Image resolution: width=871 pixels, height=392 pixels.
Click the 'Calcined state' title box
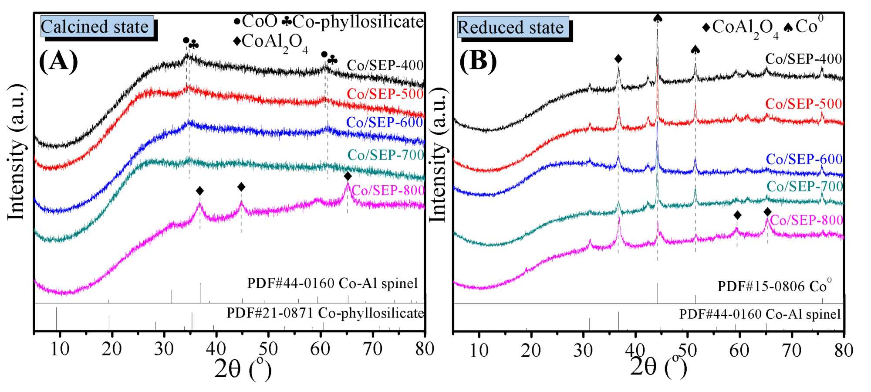[97, 27]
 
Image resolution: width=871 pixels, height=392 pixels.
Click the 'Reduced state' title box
[512, 27]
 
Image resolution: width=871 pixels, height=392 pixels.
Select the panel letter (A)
[58, 61]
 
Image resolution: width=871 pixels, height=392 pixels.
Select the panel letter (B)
[478, 61]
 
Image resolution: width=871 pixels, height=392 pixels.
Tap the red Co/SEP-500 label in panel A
[385, 94]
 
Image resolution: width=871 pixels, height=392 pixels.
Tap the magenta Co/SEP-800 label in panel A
[388, 191]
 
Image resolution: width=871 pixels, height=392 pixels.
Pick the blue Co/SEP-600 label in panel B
[804, 159]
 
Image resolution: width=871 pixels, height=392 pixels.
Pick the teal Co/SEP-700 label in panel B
[804, 187]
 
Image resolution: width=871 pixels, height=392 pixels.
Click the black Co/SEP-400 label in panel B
[803, 59]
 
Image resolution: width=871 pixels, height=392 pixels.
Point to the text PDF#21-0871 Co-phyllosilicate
[325, 313]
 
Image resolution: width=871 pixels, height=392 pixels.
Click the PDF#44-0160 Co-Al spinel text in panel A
[332, 283]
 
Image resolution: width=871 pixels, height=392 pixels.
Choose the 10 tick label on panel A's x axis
[60, 349]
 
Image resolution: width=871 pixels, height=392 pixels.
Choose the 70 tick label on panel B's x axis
[791, 350]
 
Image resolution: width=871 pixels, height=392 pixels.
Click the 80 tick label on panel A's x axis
[424, 349]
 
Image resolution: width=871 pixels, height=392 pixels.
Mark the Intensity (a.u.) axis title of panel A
[17, 153]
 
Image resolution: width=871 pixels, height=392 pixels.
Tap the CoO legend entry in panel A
[256, 21]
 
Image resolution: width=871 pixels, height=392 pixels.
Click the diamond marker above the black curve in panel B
[618, 59]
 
